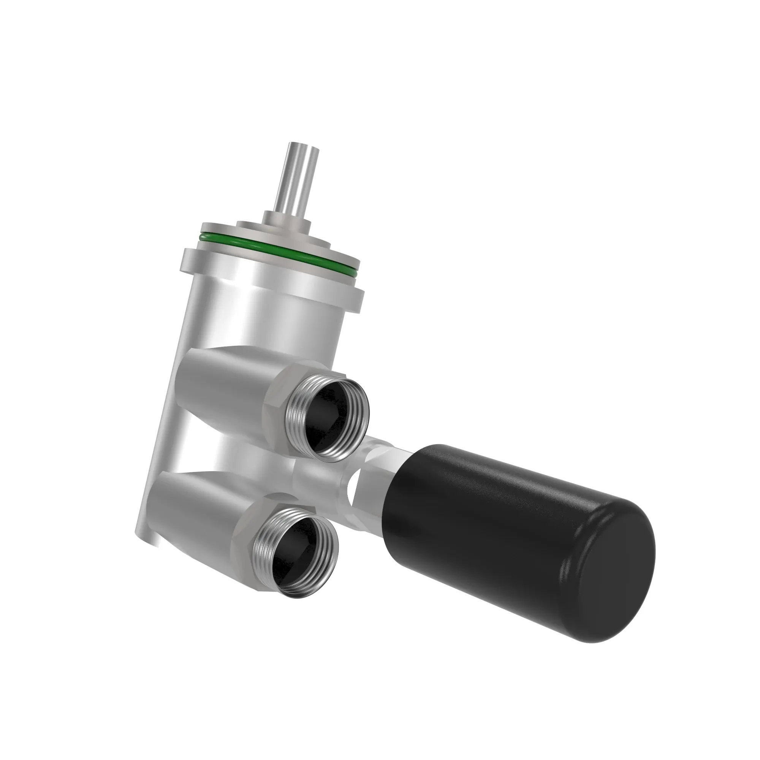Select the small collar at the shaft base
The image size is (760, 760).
pyautogui.click(x=287, y=217)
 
